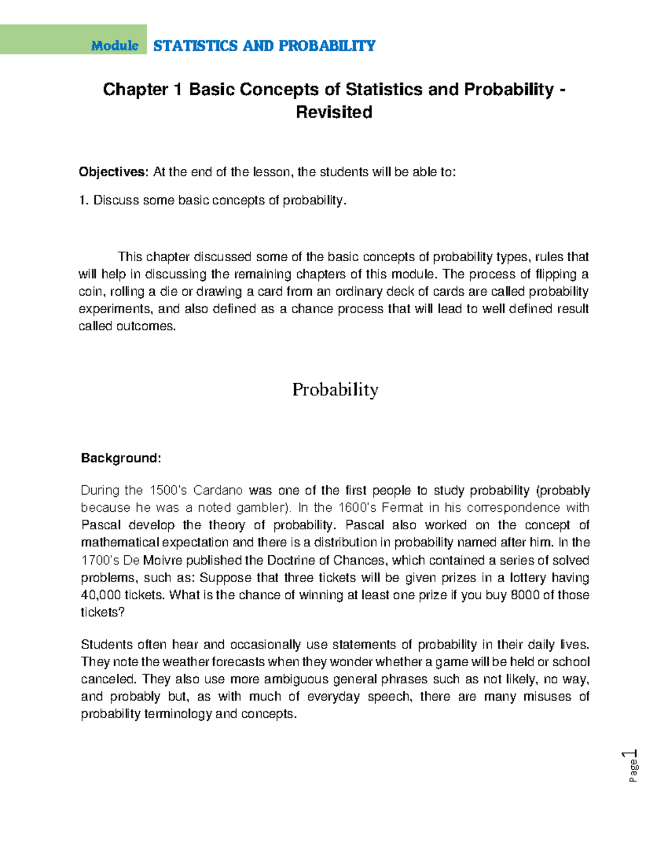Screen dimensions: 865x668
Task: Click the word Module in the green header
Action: (114, 46)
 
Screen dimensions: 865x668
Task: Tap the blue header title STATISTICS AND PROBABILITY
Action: (264, 46)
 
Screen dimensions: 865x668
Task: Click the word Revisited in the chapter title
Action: (334, 113)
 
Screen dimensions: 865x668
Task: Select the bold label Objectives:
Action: (114, 172)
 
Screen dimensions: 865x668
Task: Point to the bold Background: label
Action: (121, 458)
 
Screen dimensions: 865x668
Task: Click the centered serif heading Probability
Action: (335, 389)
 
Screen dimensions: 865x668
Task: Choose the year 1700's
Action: (99, 560)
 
